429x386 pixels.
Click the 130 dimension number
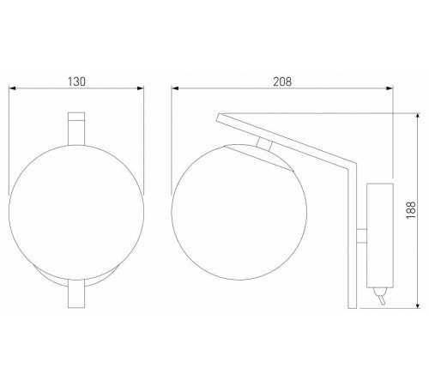tap(76, 81)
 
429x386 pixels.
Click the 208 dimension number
tap(282, 81)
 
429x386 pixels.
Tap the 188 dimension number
tap(411, 210)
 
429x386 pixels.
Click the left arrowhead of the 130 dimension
tap(12, 88)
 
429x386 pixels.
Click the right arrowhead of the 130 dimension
tap(141, 88)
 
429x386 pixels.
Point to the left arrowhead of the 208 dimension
tap(175, 88)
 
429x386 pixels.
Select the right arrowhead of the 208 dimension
tap(390, 88)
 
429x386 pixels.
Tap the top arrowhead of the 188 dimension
tap(418, 117)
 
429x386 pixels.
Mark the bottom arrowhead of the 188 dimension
tap(418, 305)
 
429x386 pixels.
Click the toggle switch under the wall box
tap(380, 296)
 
